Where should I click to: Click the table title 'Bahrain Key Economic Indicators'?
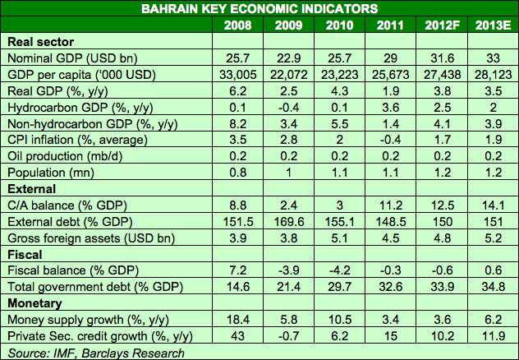click(x=259, y=8)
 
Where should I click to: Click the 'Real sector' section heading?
click(x=40, y=41)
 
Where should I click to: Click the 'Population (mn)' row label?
click(x=50, y=172)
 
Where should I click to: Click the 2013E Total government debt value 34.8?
click(x=492, y=287)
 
